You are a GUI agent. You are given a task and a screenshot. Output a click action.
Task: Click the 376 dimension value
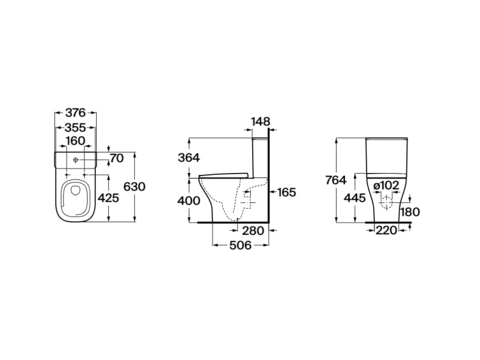click(x=76, y=113)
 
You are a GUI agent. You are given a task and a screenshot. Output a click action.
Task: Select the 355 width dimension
click(x=76, y=127)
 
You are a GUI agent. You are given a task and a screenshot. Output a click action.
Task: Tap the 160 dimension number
click(x=76, y=141)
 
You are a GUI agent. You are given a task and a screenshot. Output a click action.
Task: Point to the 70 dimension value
click(x=116, y=158)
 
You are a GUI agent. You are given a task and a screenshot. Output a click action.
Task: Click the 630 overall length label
click(x=134, y=186)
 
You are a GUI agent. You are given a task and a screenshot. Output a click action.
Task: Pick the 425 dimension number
click(x=108, y=198)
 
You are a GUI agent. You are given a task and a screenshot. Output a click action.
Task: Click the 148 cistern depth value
click(x=261, y=122)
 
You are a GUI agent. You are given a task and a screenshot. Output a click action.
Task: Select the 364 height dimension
click(x=189, y=158)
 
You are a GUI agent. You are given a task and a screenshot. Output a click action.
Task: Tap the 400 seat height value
click(x=189, y=201)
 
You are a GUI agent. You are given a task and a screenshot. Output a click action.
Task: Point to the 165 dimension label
click(x=287, y=192)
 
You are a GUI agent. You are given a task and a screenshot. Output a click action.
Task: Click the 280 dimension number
click(x=253, y=231)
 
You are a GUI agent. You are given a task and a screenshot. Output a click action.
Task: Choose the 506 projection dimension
click(x=240, y=245)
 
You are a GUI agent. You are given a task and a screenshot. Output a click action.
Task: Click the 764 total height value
click(x=336, y=180)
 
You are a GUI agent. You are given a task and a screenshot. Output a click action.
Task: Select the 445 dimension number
click(x=355, y=198)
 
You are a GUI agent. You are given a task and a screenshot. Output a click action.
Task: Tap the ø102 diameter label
click(x=387, y=185)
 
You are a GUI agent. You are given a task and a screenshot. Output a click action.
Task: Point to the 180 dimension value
click(x=410, y=212)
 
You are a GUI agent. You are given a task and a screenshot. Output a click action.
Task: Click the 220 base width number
click(x=386, y=230)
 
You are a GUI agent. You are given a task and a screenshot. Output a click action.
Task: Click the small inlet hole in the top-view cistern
click(x=76, y=160)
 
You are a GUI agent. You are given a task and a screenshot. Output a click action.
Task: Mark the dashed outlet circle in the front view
click(x=387, y=203)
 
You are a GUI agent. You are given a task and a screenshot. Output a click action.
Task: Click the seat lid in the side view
click(x=223, y=175)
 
